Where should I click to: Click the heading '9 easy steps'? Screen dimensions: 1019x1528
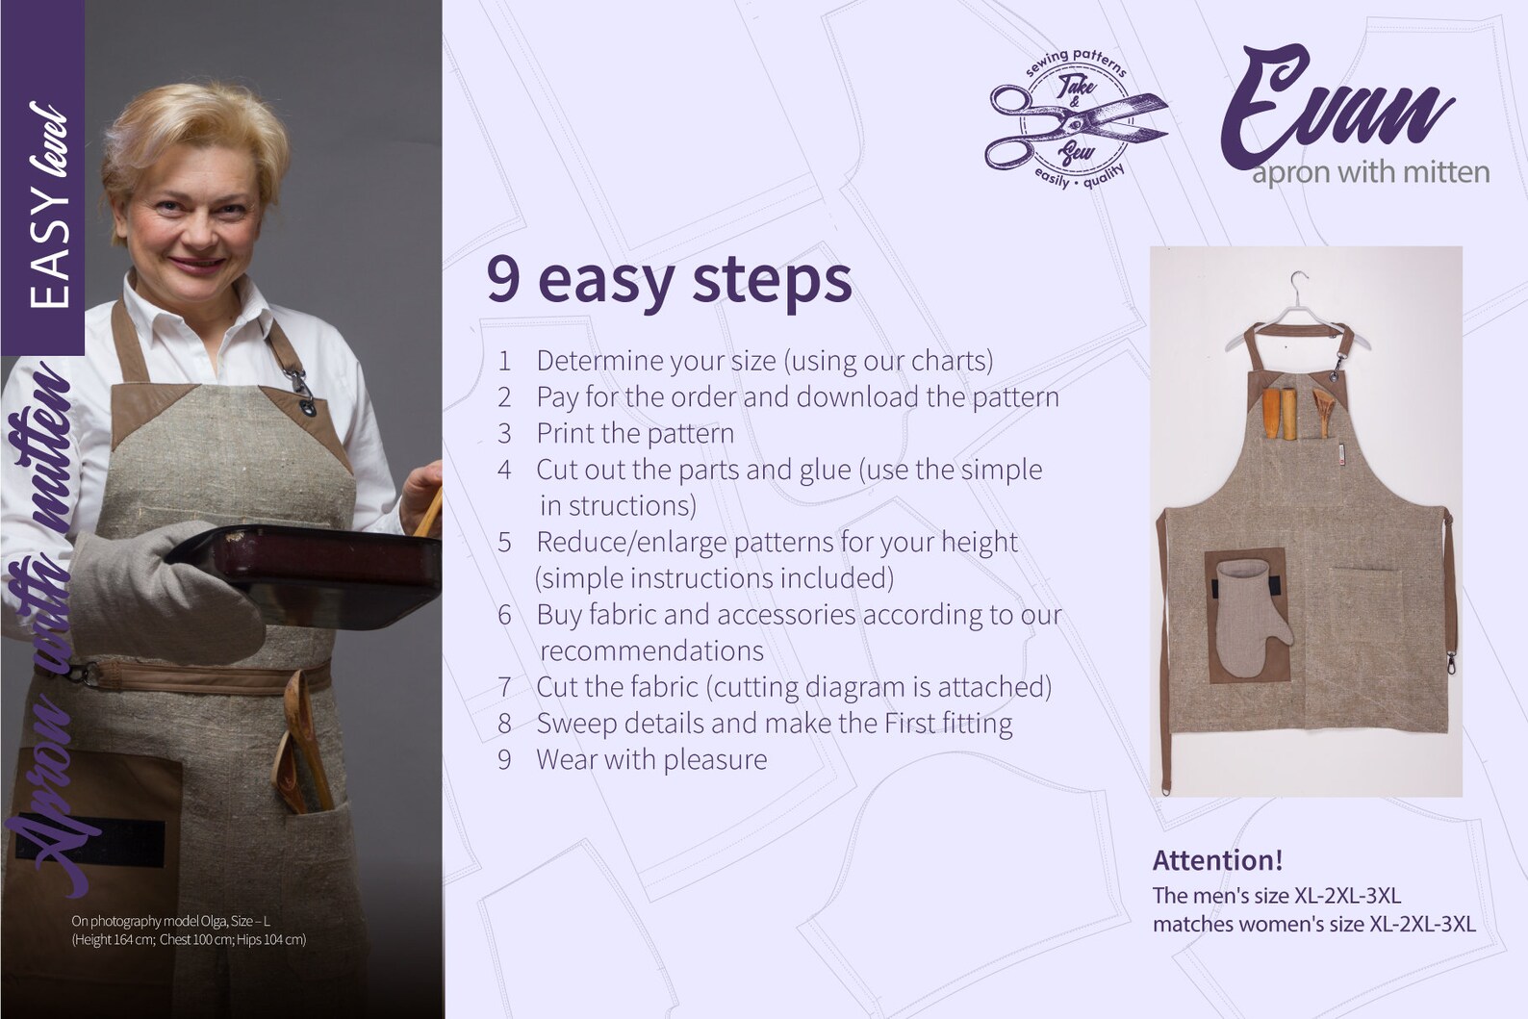click(669, 279)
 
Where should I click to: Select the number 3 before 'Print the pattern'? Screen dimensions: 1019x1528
click(504, 434)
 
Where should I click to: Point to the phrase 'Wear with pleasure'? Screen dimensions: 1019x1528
click(650, 759)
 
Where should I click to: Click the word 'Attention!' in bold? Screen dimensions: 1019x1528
click(1217, 859)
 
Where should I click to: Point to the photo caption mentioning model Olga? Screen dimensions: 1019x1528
click(189, 930)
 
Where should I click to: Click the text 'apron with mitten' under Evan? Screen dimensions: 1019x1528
click(1369, 173)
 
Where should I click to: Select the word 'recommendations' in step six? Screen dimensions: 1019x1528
click(651, 650)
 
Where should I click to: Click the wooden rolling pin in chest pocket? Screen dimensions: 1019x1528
click(1271, 415)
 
